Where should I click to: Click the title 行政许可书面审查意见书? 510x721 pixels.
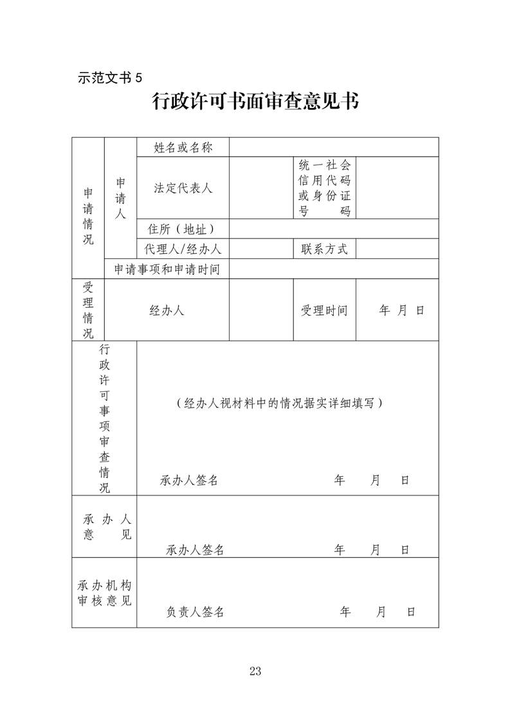coord(255,102)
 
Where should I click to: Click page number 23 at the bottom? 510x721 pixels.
coord(255,672)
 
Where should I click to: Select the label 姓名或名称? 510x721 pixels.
coord(183,148)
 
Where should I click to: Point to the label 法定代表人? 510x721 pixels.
coord(183,188)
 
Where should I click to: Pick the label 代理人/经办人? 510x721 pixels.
coord(183,249)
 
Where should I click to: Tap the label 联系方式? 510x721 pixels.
coord(324,249)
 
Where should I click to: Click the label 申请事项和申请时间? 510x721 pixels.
coord(167,269)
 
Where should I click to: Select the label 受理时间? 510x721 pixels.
coord(324,310)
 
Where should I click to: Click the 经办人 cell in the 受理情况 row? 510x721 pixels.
coord(167,310)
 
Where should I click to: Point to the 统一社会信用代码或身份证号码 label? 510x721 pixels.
coord(324,188)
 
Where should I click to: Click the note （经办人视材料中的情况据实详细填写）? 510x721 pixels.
coord(280,403)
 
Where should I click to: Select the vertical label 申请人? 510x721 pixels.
coord(120,199)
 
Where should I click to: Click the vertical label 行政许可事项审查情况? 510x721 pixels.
coord(104,418)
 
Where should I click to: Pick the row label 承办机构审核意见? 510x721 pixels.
coord(104,593)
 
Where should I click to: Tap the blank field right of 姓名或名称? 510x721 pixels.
coord(333,148)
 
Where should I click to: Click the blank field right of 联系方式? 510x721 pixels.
coord(397,249)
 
